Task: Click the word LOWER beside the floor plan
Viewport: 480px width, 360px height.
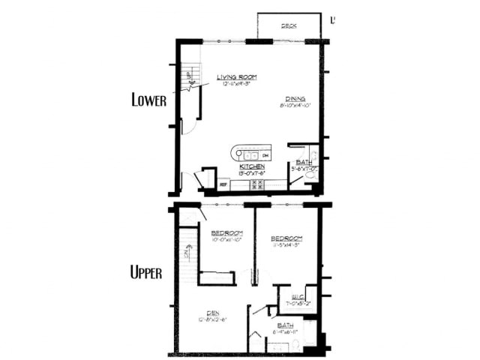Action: click(148, 99)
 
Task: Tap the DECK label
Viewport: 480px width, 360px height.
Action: click(289, 26)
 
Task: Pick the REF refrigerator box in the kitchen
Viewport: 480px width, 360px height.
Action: click(223, 182)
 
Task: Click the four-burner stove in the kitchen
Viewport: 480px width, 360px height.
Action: click(256, 182)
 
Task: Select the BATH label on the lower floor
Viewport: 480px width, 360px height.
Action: click(304, 162)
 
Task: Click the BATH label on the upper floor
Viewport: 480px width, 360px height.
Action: click(286, 325)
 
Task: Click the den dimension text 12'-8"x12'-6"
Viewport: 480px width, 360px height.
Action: click(212, 320)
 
